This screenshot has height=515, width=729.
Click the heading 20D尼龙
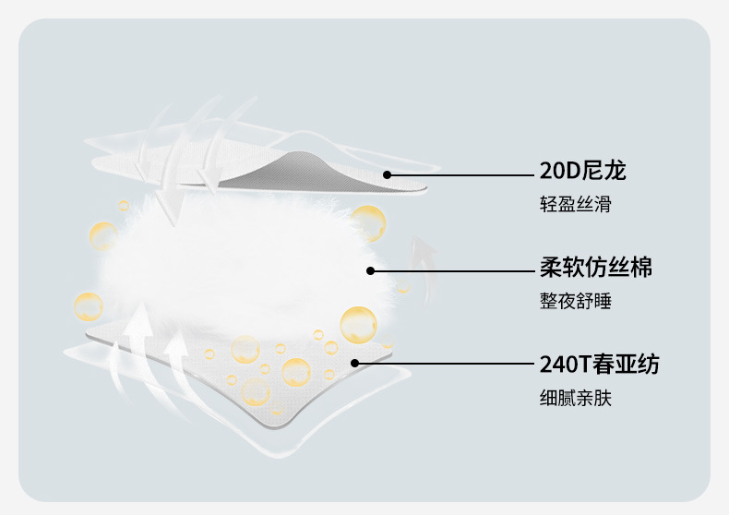[x=582, y=171]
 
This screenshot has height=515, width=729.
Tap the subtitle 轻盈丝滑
[x=575, y=204]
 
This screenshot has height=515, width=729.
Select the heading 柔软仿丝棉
[x=595, y=267]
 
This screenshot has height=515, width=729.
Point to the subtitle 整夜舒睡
[x=575, y=301]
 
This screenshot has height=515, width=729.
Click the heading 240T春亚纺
[x=599, y=364]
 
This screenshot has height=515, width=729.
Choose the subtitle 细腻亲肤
[x=575, y=398]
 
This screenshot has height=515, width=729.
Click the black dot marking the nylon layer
[x=387, y=174]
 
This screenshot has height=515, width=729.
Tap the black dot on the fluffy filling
[x=371, y=270]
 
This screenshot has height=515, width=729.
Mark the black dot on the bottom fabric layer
[x=354, y=363]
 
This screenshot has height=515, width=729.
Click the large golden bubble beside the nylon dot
[x=368, y=223]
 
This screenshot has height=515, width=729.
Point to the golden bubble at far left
[x=88, y=306]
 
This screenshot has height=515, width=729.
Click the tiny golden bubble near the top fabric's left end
[x=124, y=206]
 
